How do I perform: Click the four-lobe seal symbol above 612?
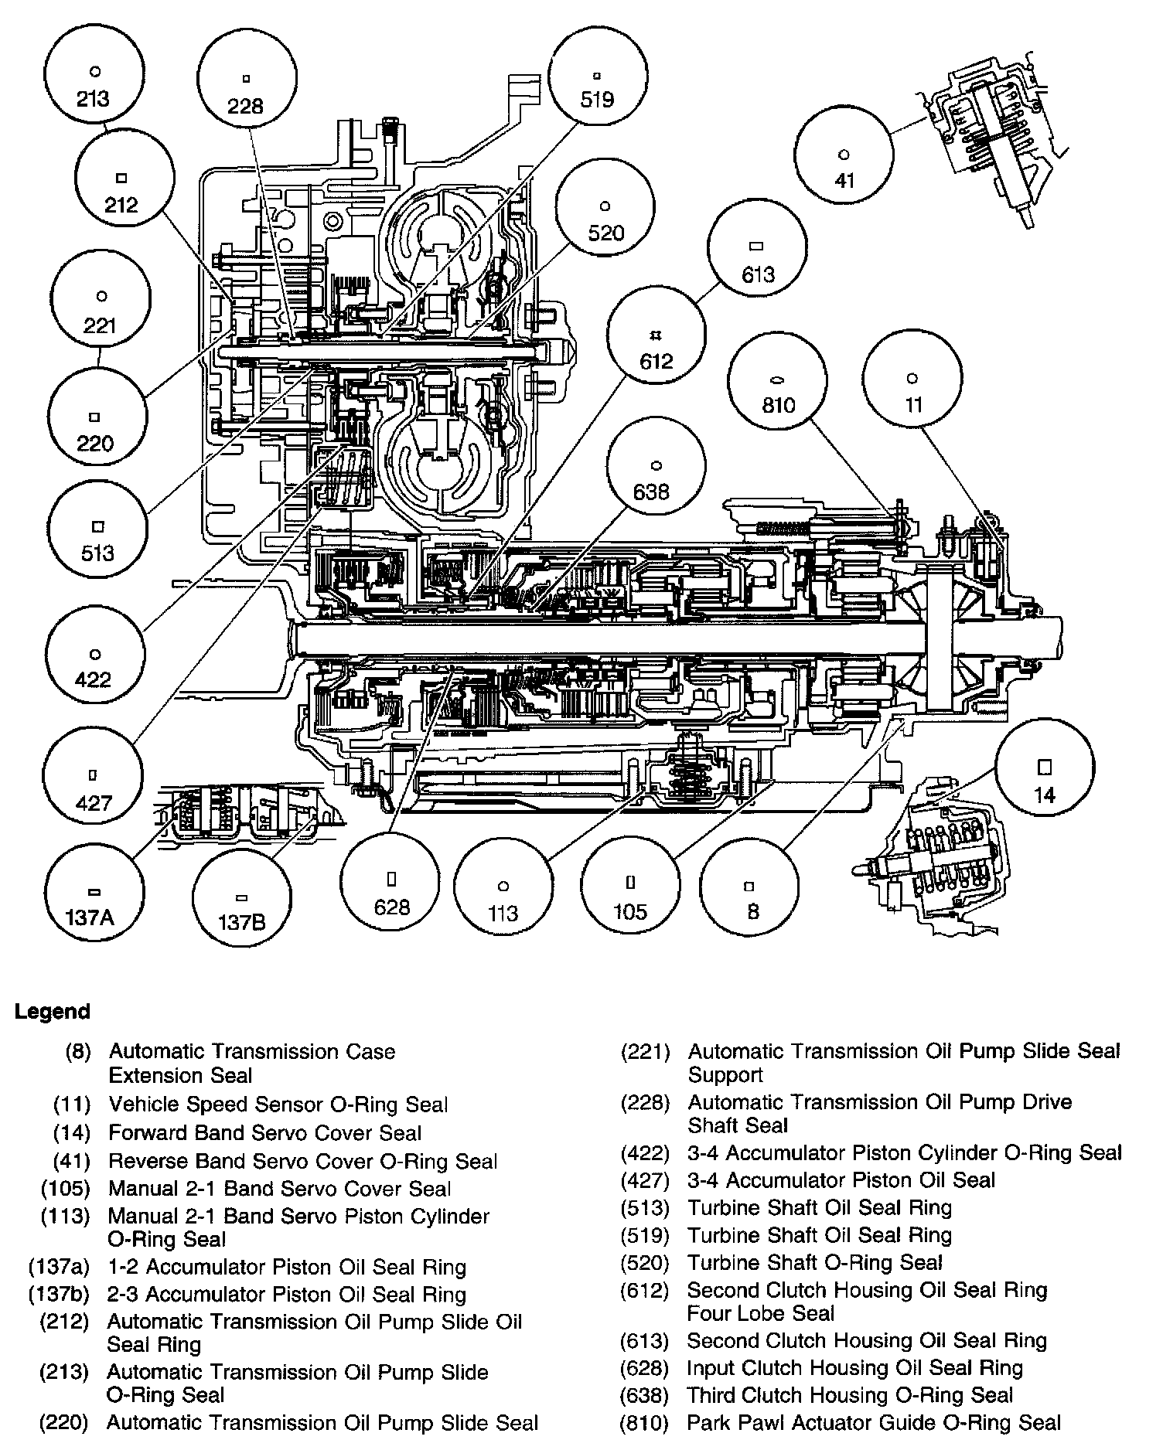click(655, 335)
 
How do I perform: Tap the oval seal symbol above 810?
click(777, 380)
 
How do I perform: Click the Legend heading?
click(52, 1012)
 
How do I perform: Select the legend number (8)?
click(78, 1052)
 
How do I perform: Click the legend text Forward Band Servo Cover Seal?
click(265, 1133)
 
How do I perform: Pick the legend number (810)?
click(644, 1423)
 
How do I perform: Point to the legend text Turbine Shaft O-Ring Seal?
click(815, 1263)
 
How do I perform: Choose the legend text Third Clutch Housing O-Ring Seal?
click(850, 1395)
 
